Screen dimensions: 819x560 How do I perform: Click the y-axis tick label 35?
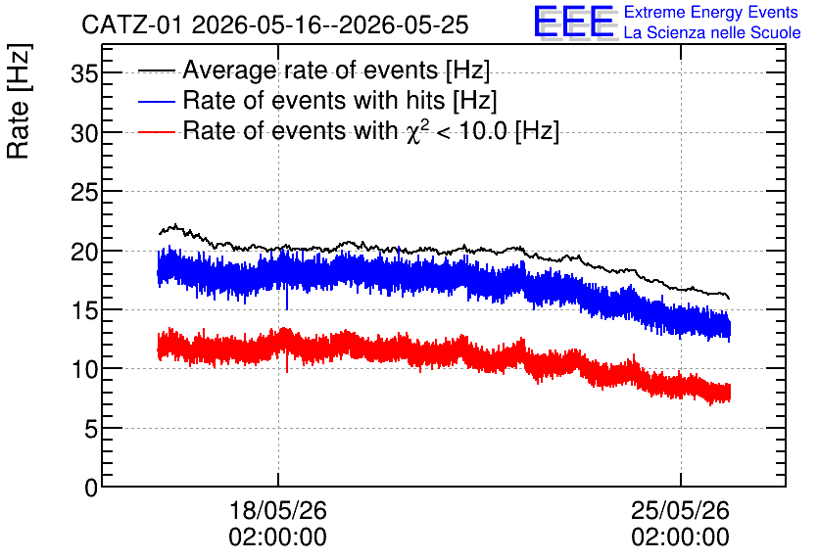coord(84,74)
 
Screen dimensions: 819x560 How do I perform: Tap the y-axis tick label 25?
coord(84,193)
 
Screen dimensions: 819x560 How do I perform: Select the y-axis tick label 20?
coord(84,252)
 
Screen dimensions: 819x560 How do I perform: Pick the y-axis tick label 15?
coord(84,311)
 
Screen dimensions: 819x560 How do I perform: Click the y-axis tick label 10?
coord(84,370)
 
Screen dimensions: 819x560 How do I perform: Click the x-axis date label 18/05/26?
coord(278,510)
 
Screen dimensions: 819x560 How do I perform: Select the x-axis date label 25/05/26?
coord(680,510)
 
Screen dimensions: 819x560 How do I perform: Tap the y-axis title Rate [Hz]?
coord(19,102)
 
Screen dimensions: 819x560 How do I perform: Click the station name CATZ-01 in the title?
coord(132,25)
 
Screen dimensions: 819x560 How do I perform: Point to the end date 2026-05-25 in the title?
coord(404,25)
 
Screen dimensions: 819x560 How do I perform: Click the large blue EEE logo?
coord(574,22)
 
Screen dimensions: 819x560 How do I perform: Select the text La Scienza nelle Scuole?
coord(712,33)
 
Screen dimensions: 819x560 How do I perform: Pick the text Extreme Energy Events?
coord(711,12)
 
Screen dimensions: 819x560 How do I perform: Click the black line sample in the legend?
coord(156,70)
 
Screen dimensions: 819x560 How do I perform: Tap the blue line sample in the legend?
coord(156,101)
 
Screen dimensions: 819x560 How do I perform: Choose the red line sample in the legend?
coord(156,131)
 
